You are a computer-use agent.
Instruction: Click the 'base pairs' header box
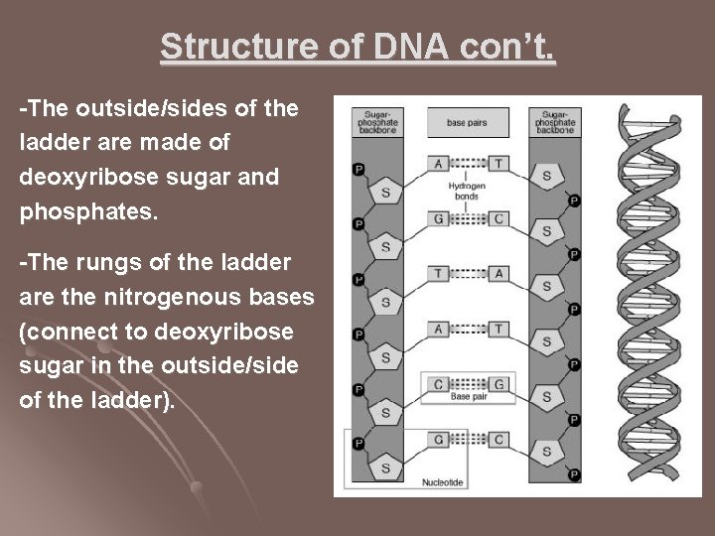point(467,122)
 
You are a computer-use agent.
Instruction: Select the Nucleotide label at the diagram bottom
point(443,481)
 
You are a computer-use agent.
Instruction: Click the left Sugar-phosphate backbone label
point(375,120)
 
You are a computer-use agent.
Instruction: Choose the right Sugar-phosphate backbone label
point(553,120)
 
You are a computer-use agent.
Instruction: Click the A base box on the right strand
point(499,273)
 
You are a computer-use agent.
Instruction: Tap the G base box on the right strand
point(499,383)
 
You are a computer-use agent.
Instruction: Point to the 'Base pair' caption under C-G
point(468,397)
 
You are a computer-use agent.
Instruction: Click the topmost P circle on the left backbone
point(358,170)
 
